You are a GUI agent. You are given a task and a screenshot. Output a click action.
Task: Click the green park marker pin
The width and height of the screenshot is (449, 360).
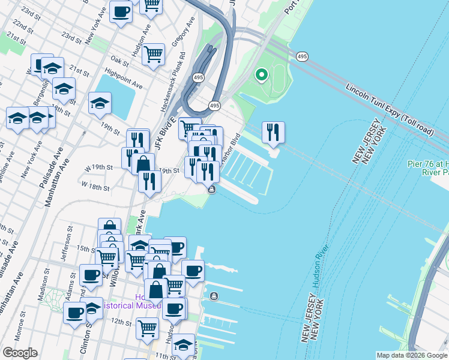tap(261, 75)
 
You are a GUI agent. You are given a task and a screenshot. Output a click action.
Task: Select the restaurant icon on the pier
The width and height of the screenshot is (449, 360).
tap(273, 131)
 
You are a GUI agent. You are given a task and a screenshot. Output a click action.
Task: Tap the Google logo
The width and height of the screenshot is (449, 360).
tap(20, 353)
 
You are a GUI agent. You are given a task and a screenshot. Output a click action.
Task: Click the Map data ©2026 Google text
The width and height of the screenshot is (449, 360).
tap(412, 355)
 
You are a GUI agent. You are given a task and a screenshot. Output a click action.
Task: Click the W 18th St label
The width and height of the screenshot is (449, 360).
tap(95, 187)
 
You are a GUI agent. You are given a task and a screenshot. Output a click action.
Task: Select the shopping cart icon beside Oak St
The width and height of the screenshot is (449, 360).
tap(154, 55)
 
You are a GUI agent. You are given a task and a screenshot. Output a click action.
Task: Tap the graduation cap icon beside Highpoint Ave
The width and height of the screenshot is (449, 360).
tap(100, 103)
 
